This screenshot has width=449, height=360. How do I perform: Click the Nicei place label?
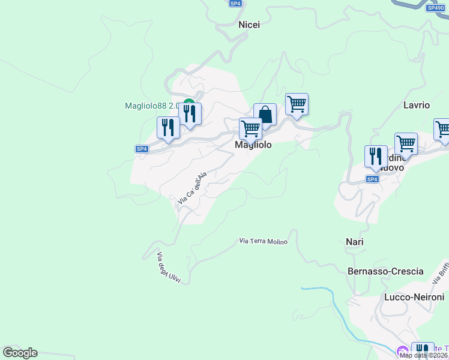point(249,25)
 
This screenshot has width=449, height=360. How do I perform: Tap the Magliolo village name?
point(253,145)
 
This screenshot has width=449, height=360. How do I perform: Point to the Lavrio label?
point(417,105)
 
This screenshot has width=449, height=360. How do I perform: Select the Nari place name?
point(355,242)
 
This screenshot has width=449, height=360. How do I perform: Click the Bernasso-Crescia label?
point(385,271)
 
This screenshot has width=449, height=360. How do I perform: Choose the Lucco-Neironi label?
point(414,298)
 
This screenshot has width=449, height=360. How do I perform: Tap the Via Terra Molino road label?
point(264,241)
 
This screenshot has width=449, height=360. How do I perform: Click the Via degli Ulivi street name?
point(169,267)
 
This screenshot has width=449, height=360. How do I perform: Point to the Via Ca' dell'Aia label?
point(192,187)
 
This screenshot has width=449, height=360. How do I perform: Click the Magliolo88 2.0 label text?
point(152,106)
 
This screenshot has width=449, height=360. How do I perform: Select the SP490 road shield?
point(435,8)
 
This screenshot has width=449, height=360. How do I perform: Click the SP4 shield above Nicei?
point(235,4)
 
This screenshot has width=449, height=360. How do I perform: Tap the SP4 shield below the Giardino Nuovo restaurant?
point(372,179)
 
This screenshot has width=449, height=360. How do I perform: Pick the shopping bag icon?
point(265,115)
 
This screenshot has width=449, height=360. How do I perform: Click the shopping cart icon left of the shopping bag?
point(250,128)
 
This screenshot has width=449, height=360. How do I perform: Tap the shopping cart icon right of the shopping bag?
point(297,104)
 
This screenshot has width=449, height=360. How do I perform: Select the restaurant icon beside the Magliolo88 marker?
point(190,113)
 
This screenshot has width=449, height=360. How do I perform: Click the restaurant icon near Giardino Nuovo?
point(376,156)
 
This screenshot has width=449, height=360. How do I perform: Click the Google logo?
point(20,353)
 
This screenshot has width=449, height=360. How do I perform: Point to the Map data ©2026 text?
point(423,355)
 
